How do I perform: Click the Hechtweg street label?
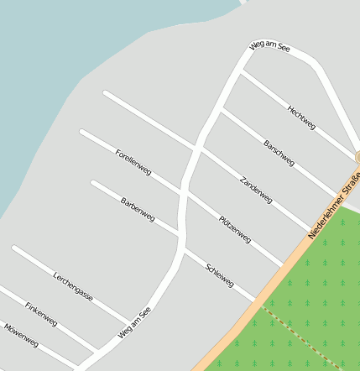click(301, 117)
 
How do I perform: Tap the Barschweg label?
click(279, 153)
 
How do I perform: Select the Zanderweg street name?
click(256, 191)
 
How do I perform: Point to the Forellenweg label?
click(133, 161)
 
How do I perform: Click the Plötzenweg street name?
click(235, 229)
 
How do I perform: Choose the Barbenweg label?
click(138, 209)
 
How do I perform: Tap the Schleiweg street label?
click(220, 274)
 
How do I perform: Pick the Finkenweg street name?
click(41, 314)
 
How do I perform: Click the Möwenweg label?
click(21, 335)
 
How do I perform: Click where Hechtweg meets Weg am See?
click(240, 72)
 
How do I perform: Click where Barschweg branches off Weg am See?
click(221, 108)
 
